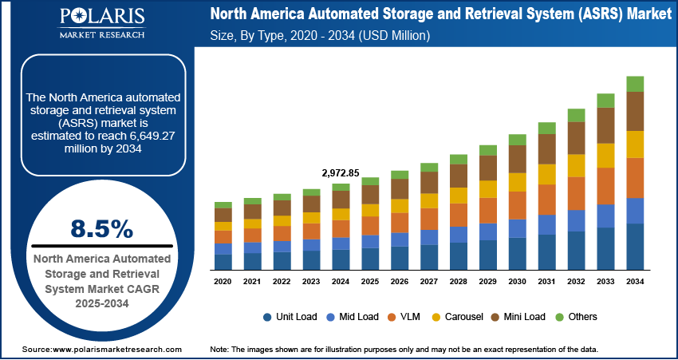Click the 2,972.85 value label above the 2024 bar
click(x=341, y=172)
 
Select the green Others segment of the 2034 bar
click(x=635, y=84)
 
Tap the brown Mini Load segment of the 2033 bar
click(x=606, y=125)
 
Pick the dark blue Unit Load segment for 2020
click(x=223, y=260)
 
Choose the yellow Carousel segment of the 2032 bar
click(x=577, y=165)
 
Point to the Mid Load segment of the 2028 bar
click(x=459, y=234)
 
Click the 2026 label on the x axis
click(x=400, y=282)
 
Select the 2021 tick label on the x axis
click(x=253, y=282)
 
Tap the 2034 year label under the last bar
click(x=635, y=282)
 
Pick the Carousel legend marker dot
click(x=438, y=317)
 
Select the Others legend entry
click(x=576, y=317)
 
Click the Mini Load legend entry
click(x=518, y=317)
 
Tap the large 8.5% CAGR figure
click(x=101, y=229)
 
